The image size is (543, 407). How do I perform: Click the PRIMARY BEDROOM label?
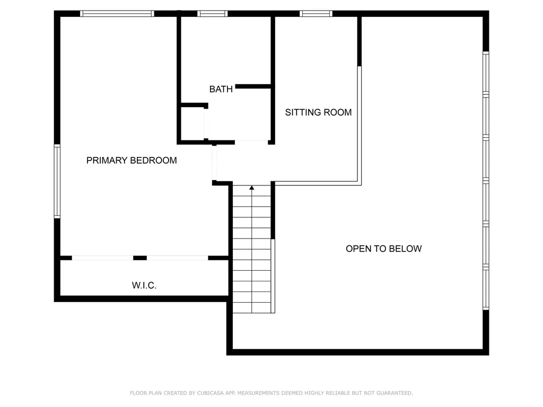coord(132,161)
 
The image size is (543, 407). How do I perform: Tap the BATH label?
coord(221,89)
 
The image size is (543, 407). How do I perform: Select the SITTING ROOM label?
coord(318,112)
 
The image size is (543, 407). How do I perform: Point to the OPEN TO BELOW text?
coord(383,249)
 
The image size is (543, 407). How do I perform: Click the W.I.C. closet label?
coord(144,286)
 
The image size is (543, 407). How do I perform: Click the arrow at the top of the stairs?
coord(252,188)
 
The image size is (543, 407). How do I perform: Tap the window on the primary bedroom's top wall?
coord(117,14)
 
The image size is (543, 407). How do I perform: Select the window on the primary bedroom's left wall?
coord(57,181)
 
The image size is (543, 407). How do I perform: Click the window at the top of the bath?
coord(213,14)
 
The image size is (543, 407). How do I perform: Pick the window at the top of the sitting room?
coord(316,14)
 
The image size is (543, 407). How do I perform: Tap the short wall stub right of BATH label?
coord(253,86)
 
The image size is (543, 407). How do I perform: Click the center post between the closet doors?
coord(140,258)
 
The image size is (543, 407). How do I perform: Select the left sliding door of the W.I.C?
coord(102,258)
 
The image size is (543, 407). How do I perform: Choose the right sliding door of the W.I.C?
coord(178,258)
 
